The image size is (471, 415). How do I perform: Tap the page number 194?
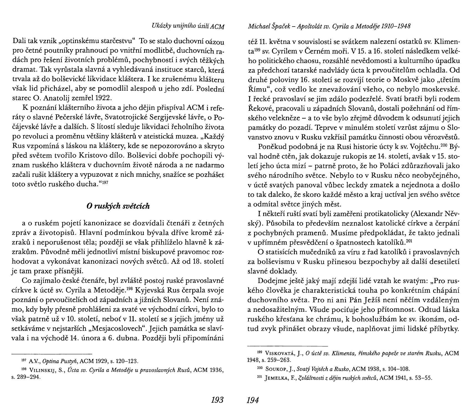tap(253, 400)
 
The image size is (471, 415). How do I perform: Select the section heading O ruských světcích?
tap(118, 206)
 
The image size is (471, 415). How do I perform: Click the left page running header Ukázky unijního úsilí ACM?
tap(188, 27)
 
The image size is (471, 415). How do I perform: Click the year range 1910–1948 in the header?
tap(396, 27)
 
